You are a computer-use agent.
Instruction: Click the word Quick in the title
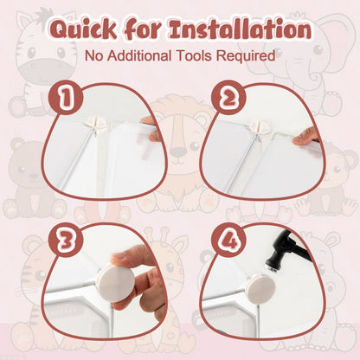click(x=84, y=29)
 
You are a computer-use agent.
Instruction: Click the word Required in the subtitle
click(x=246, y=56)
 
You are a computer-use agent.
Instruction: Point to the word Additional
click(x=139, y=55)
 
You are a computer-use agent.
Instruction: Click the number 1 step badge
click(x=66, y=97)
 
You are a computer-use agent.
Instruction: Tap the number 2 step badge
click(x=228, y=97)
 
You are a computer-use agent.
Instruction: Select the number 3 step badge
click(x=66, y=240)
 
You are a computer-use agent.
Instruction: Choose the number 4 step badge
click(x=228, y=240)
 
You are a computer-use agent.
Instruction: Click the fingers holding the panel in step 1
click(x=153, y=128)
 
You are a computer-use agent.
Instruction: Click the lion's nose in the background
click(x=178, y=150)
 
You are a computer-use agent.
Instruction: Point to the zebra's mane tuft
click(x=44, y=13)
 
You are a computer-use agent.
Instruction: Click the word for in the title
click(x=144, y=29)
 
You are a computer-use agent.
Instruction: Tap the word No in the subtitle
click(x=94, y=55)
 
